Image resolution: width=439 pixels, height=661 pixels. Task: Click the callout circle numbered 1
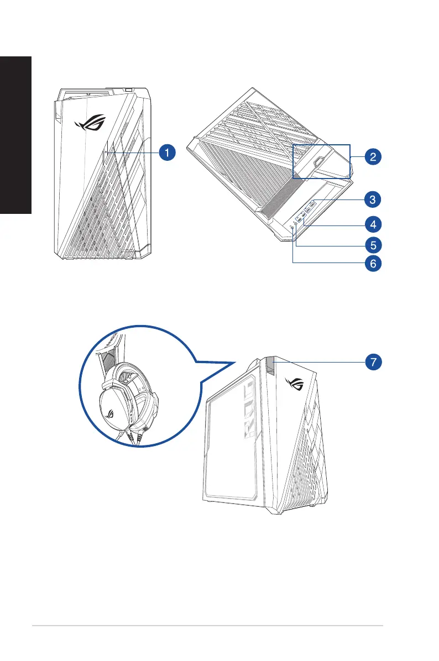[168, 151]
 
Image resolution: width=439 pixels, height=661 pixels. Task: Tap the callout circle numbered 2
[373, 156]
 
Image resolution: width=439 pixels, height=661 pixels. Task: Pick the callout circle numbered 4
[373, 224]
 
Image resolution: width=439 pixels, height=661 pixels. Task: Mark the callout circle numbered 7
[373, 363]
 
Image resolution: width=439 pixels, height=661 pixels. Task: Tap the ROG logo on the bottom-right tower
[295, 382]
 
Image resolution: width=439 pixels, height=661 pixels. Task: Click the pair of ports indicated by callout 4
[301, 217]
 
